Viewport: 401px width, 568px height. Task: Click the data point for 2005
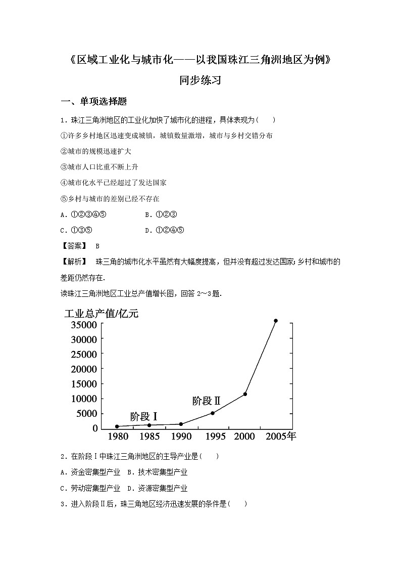point(276,321)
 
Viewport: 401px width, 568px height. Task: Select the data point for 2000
point(245,394)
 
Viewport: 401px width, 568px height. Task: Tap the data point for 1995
point(213,413)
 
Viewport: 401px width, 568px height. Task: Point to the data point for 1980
point(117,426)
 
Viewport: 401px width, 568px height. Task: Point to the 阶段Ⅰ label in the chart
point(144,417)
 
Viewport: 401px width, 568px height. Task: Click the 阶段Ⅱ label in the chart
point(207,401)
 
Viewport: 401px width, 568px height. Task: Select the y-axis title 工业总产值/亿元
point(101,313)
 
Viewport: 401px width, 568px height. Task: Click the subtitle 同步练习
point(200,80)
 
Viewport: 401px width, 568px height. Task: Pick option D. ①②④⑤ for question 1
point(165,230)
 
